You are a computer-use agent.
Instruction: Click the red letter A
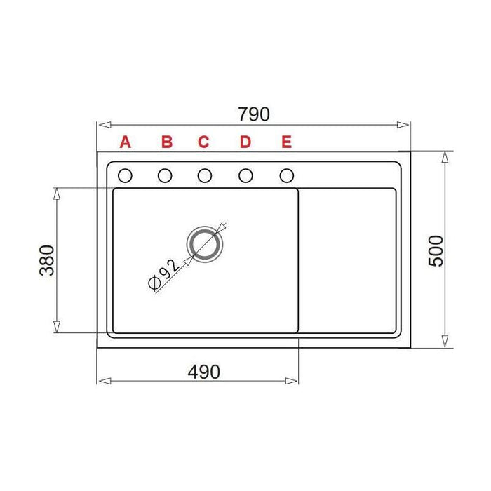click(x=126, y=142)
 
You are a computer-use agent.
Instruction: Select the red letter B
click(x=167, y=142)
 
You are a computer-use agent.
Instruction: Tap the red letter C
click(x=203, y=142)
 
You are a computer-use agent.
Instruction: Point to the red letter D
click(x=245, y=142)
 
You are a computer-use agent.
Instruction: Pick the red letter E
click(x=287, y=142)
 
